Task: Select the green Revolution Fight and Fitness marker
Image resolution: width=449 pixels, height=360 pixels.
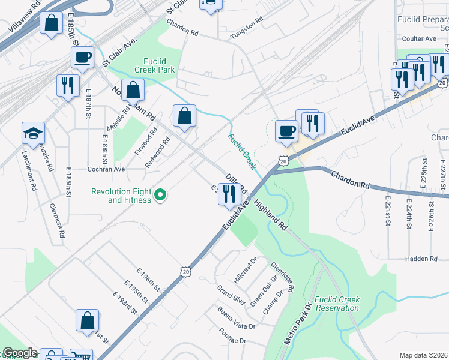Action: pos(160,195)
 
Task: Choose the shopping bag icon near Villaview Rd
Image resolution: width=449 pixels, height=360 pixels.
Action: pos(52,25)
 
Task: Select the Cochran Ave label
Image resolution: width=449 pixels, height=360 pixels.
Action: pos(106,169)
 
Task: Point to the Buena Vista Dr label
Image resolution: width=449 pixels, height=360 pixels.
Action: pos(237,319)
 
